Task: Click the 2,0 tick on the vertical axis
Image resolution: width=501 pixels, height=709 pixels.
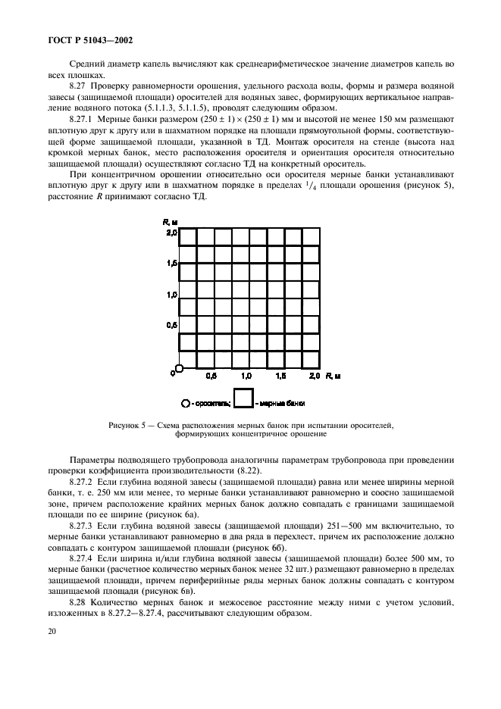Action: point(171,234)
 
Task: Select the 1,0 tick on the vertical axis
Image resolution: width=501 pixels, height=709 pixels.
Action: point(171,294)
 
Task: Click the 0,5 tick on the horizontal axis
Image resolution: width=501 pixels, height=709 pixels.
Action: point(212,376)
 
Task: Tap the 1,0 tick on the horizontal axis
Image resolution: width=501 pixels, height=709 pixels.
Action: point(246,376)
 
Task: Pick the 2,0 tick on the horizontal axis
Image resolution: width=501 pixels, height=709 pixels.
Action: point(315,376)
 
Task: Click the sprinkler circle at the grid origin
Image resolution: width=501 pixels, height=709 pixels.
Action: point(179,369)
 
